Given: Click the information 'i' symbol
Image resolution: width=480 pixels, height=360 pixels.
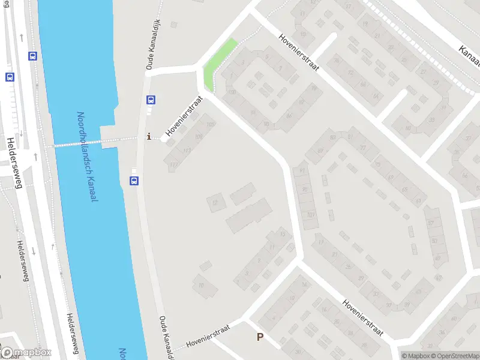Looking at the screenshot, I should [149, 137].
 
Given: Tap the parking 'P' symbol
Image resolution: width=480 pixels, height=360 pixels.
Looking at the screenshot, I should [260, 337].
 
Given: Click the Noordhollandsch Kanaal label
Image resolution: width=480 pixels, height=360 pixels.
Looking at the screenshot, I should [86, 157].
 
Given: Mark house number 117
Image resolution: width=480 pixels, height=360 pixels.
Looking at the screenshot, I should [174, 164].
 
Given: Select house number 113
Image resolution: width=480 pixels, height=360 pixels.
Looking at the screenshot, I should [187, 151].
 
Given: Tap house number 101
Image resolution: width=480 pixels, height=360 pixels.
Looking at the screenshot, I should [310, 214].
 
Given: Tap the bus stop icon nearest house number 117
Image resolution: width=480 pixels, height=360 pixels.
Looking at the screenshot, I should [134, 181].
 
